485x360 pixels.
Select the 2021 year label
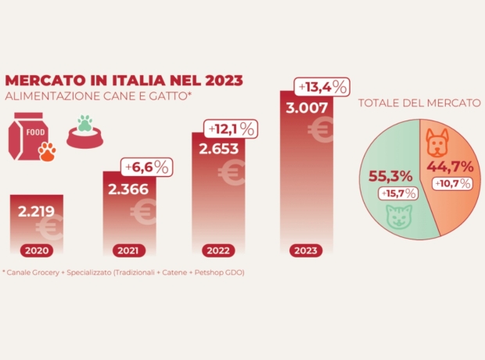pyautogui.click(x=130, y=251)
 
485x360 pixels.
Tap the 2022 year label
pyautogui.click(x=219, y=251)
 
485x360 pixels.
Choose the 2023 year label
pyautogui.click(x=307, y=251)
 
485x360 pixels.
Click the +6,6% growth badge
pyautogui.click(x=147, y=167)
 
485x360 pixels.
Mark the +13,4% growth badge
pyautogui.click(x=320, y=87)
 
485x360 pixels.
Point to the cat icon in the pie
pyautogui.click(x=398, y=217)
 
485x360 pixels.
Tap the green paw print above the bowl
pyautogui.click(x=84, y=124)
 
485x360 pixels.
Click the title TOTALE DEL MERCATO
pyautogui.click(x=420, y=103)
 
